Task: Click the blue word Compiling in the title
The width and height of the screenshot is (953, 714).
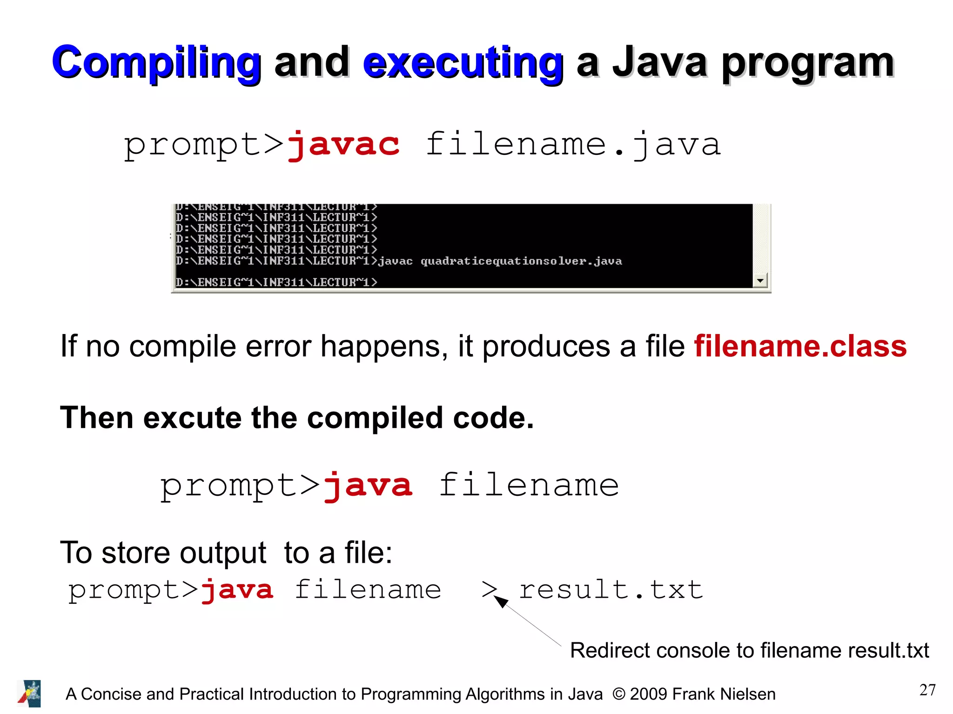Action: tap(156, 63)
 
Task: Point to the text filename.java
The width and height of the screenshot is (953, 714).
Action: tap(573, 144)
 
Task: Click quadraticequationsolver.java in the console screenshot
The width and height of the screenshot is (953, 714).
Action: tap(521, 261)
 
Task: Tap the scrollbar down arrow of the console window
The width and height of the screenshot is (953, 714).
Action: tap(760, 280)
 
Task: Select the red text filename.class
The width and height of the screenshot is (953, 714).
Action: tap(800, 346)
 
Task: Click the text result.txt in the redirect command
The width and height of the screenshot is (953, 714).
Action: tap(611, 590)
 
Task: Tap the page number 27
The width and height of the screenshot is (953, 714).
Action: tap(927, 690)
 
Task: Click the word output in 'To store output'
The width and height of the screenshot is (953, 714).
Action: tap(223, 553)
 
